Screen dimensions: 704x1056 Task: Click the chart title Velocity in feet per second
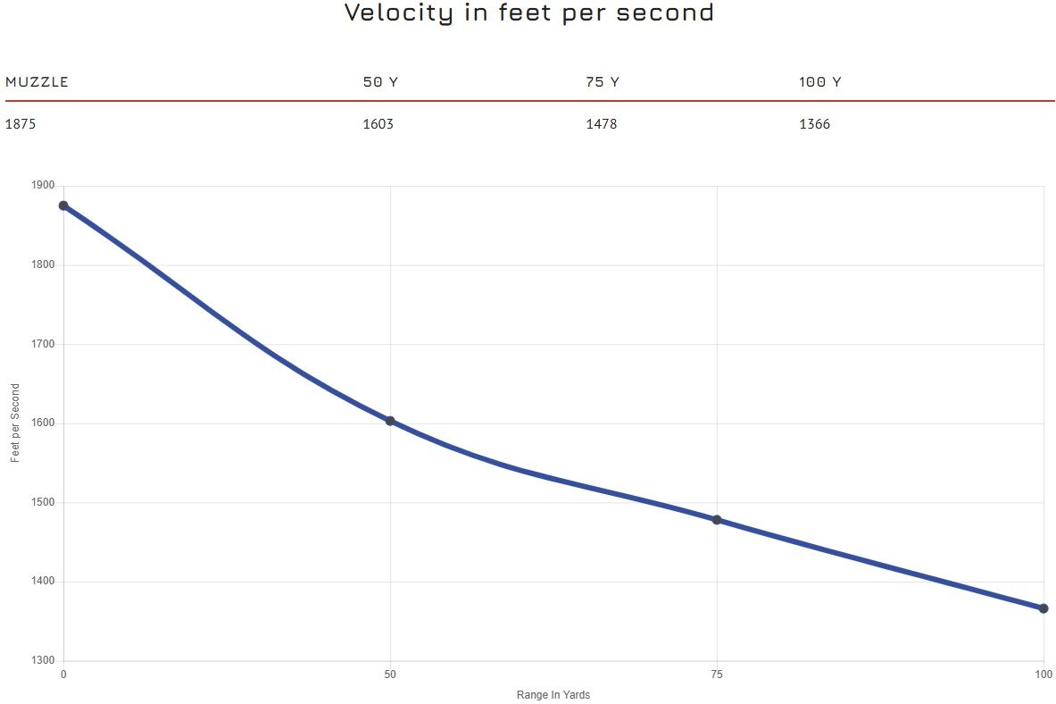(528, 13)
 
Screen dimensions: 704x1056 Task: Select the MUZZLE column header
(37, 82)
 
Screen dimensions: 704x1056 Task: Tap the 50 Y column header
(380, 82)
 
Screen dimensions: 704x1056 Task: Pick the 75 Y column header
(603, 82)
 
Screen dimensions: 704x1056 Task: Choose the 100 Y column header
(819, 82)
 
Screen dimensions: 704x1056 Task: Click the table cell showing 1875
(21, 124)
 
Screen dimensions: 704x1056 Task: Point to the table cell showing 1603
(378, 124)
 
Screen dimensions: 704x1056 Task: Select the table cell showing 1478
(601, 124)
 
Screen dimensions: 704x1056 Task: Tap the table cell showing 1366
(814, 124)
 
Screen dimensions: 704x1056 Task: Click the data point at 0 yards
(63, 205)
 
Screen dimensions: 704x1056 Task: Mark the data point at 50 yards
(390, 421)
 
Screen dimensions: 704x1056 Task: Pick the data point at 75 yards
(717, 520)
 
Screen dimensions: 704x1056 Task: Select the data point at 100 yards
(1043, 608)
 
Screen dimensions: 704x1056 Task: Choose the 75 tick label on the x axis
(717, 675)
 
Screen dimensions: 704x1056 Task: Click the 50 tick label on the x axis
(390, 675)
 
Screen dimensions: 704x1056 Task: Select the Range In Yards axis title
(553, 695)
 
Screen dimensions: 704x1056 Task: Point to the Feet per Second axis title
(15, 423)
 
